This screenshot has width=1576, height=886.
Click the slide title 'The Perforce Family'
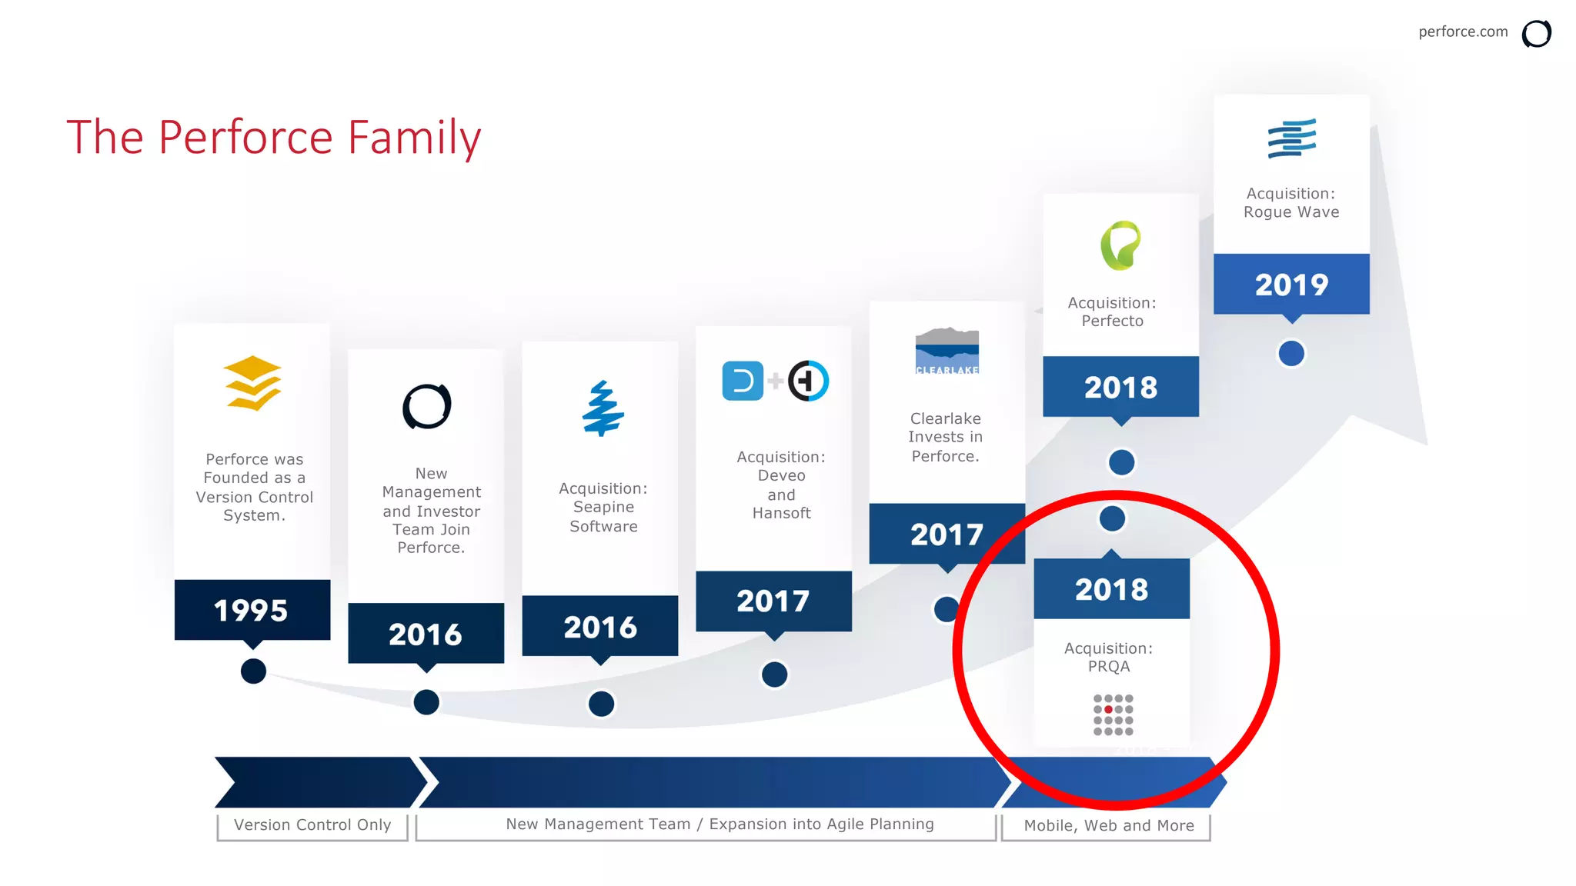click(x=274, y=137)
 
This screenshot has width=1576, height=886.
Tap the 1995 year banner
click(x=252, y=610)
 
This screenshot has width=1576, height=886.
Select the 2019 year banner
click(x=1291, y=285)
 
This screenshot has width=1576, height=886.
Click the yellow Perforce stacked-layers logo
click(x=252, y=383)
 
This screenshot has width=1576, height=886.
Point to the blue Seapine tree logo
click(x=603, y=408)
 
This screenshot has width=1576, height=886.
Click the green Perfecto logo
click(x=1120, y=245)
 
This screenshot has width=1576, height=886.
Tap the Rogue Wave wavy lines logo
click(x=1291, y=138)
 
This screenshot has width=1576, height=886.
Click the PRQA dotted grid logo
click(x=1113, y=714)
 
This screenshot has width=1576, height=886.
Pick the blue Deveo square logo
click(x=743, y=381)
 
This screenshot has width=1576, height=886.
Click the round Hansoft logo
click(x=808, y=381)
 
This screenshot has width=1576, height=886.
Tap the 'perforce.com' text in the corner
click(x=1463, y=32)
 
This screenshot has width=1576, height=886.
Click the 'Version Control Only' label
click(x=312, y=825)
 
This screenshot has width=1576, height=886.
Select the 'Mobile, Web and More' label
click(x=1109, y=826)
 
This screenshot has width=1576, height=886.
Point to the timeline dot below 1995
click(x=253, y=671)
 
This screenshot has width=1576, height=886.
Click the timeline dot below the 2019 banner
click(x=1291, y=354)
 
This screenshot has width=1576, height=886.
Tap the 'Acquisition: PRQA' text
click(x=1109, y=658)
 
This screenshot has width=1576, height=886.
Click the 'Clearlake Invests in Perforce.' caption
click(x=946, y=437)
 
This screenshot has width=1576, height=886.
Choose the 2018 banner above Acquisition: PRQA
click(x=1111, y=589)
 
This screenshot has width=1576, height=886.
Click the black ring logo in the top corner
click(x=1536, y=34)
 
